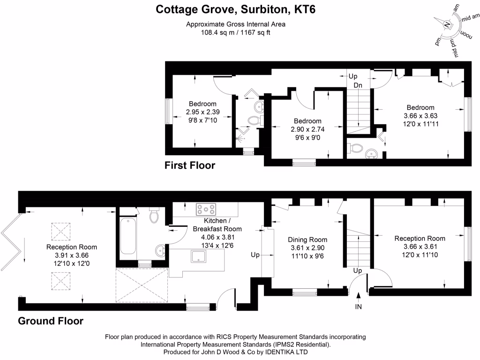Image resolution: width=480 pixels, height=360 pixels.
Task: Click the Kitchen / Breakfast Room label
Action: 217,225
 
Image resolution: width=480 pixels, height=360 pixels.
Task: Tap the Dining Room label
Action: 307,240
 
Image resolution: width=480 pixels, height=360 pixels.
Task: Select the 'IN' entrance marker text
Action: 359,307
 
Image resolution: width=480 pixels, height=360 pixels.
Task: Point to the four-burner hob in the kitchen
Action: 206,209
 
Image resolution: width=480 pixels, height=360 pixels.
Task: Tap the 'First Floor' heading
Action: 190,165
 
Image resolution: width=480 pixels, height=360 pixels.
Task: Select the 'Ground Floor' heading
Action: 51,321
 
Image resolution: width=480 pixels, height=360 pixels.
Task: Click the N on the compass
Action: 447,25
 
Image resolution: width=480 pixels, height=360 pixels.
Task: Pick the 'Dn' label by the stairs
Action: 358,85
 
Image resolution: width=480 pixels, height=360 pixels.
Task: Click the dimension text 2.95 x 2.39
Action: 202,112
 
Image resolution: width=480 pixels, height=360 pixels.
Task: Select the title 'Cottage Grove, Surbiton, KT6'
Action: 236,9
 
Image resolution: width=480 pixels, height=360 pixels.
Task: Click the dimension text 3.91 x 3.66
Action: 72,255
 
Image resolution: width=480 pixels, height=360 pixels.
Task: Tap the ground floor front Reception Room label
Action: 420,238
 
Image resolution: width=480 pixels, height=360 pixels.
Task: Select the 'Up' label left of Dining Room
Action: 255,255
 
